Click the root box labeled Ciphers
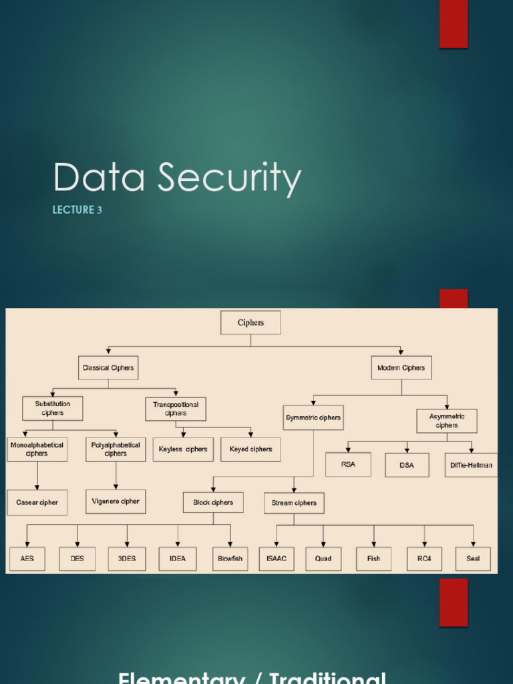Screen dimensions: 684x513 point(250,323)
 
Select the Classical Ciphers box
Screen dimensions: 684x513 point(108,368)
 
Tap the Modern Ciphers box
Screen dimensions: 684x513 point(401,368)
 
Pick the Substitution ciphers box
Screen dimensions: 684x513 point(53,409)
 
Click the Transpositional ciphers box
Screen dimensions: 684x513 point(176,409)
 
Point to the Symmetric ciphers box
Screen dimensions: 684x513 point(313,417)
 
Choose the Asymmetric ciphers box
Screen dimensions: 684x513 point(447,421)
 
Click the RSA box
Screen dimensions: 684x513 point(348,464)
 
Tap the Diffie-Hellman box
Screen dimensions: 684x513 point(471,465)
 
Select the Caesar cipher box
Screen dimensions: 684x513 point(37,502)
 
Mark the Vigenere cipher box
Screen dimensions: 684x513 point(116,501)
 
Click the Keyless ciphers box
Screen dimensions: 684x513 point(183,450)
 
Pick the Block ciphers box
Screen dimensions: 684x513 point(213,503)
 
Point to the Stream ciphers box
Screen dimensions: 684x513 point(294,503)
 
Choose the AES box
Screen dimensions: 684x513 point(27,558)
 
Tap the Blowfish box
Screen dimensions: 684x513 point(230,558)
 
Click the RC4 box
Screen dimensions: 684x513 point(424,558)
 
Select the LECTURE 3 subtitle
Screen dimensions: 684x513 point(77,210)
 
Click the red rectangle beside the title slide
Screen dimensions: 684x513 point(453,24)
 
